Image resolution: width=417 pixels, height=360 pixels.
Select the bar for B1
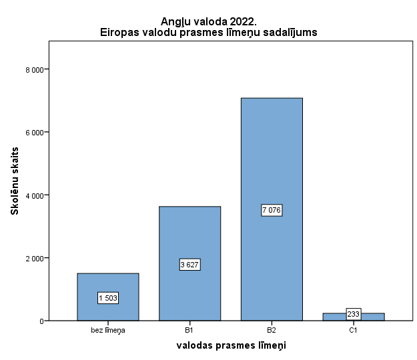point(189,233)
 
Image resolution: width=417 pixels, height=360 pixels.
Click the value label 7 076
point(272,210)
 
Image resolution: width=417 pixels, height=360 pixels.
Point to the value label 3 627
point(189,265)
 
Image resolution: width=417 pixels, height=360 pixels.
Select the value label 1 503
point(107,298)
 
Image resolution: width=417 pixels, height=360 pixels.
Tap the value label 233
point(354,314)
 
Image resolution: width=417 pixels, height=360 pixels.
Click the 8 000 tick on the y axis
point(34,69)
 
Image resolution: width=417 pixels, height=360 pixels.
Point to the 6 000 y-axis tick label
point(34,132)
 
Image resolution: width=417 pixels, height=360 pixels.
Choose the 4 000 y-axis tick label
point(34,195)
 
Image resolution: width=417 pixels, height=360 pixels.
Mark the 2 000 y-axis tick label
point(34,258)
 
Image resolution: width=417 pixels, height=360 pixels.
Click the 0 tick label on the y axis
point(41,321)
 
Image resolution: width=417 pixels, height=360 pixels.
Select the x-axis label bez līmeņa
point(107,330)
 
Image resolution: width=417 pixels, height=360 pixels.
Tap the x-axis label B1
point(189,330)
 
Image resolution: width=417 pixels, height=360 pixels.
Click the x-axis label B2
point(272,330)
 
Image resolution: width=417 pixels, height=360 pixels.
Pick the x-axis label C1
point(354,330)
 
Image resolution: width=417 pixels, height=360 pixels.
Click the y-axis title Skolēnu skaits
point(14,181)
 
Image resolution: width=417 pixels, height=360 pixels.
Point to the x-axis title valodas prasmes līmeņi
point(231,345)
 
